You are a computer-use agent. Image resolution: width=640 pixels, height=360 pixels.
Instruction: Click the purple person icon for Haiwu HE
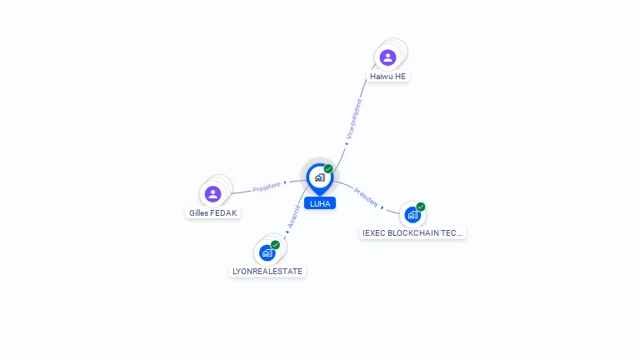[387, 57]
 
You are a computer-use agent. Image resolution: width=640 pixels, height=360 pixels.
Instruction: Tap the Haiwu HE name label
[388, 76]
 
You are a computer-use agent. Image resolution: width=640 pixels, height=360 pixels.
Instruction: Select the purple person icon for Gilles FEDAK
[213, 194]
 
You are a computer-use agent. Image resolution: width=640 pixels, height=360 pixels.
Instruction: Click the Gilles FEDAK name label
[213, 212]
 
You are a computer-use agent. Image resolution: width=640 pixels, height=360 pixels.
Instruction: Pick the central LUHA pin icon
[319, 177]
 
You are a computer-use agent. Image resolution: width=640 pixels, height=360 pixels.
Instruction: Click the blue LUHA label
[319, 203]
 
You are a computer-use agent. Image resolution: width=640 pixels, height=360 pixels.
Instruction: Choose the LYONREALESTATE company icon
[267, 252]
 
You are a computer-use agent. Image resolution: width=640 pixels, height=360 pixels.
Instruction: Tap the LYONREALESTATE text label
[267, 271]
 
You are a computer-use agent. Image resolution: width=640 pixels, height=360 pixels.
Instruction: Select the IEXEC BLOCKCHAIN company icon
[412, 214]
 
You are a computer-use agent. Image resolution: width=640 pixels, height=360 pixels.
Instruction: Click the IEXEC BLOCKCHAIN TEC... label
[412, 233]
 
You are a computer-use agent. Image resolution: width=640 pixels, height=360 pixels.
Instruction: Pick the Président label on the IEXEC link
[367, 197]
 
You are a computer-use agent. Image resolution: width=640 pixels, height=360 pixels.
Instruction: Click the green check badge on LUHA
[328, 168]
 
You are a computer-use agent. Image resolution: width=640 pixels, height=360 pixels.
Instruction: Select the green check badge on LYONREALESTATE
[275, 245]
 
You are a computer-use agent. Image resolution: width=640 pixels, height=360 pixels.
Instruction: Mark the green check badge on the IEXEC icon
[421, 207]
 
